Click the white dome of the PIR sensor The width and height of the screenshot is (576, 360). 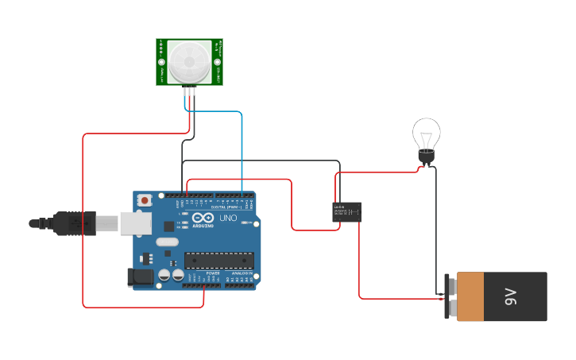click(x=189, y=60)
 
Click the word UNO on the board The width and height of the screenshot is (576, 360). click(x=228, y=218)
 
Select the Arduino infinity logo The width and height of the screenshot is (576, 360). click(x=203, y=219)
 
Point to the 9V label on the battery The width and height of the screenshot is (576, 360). click(x=510, y=297)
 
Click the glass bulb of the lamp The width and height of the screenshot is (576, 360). click(x=427, y=133)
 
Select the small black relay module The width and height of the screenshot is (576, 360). click(x=346, y=211)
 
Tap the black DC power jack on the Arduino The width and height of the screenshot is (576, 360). click(x=140, y=277)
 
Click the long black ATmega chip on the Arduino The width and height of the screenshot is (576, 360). click(x=219, y=260)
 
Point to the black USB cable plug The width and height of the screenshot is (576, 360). click(x=75, y=223)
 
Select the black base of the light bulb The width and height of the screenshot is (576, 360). click(x=427, y=158)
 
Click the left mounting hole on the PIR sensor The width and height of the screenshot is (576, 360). click(x=162, y=62)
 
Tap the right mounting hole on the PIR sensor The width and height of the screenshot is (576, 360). click(x=217, y=62)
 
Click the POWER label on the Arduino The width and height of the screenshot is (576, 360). click(x=213, y=273)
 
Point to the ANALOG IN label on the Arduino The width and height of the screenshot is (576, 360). click(x=242, y=273)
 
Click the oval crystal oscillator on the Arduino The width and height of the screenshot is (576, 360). click(x=168, y=242)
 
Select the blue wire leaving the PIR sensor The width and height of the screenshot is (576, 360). click(x=242, y=143)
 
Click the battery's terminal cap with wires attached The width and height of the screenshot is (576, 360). click(x=450, y=296)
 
